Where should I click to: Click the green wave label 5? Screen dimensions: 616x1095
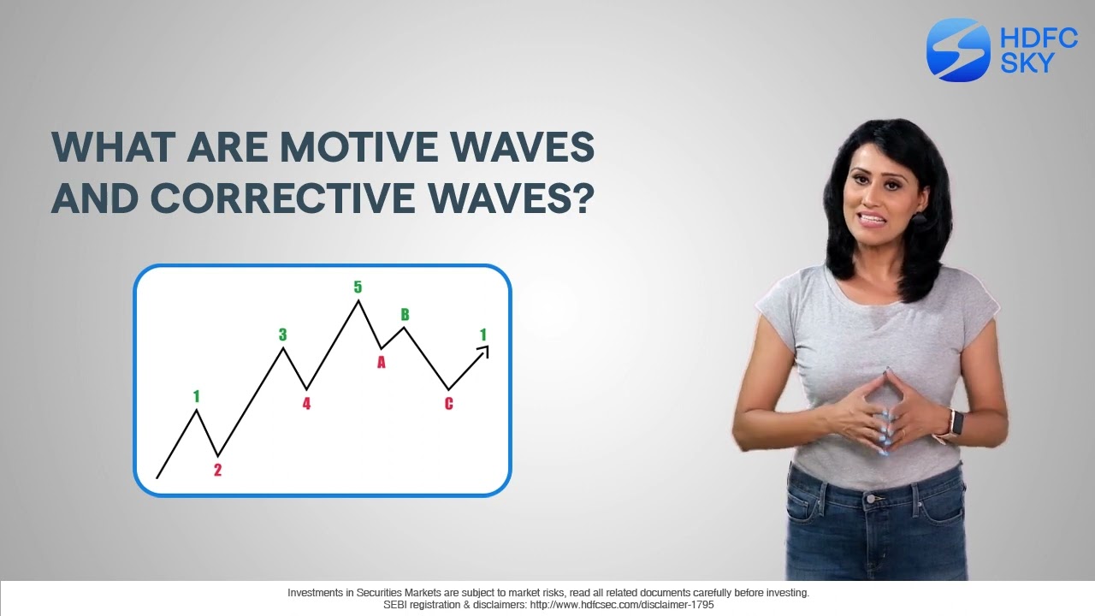tap(358, 287)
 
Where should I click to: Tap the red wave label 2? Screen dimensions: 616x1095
tap(217, 470)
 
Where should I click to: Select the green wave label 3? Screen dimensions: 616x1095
tap(282, 335)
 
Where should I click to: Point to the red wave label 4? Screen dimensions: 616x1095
tap(306, 404)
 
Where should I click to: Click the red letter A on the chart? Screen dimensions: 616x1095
tap(382, 363)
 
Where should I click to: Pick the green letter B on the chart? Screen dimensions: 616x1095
tap(405, 315)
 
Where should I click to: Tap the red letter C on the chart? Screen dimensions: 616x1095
tap(448, 404)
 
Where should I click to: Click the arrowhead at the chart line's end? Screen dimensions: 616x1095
tap(484, 349)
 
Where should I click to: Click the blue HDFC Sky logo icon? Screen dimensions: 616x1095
tap(957, 50)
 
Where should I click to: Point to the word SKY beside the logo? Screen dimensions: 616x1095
tap(1027, 62)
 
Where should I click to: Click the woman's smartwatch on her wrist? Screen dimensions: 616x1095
tap(955, 423)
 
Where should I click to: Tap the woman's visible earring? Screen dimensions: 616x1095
tap(920, 219)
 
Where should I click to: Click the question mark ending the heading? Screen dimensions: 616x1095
tap(583, 198)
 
